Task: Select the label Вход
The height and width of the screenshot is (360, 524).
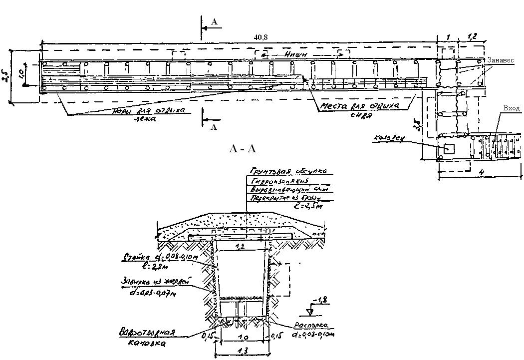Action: point(511,108)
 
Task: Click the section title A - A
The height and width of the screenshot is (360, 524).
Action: point(242,148)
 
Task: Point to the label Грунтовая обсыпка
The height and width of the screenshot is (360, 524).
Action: point(286,172)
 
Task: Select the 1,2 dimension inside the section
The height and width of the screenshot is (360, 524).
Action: point(242,246)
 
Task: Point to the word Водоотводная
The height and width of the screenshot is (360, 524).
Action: point(144,333)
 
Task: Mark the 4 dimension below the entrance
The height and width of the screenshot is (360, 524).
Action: point(480,173)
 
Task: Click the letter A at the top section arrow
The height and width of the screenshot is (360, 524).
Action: point(215,21)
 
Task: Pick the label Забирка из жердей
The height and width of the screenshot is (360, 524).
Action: point(149,282)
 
